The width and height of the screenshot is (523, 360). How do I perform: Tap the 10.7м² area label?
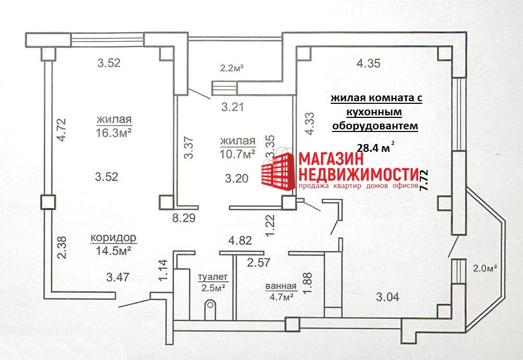pos(237,154)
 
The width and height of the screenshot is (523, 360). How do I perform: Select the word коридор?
pos(114,238)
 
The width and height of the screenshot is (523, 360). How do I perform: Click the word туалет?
pos(213,277)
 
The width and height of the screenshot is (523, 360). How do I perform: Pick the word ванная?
pos(281,286)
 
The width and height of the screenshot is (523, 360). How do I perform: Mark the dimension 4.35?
pos(368,64)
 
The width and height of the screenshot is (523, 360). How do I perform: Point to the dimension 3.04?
pos(388,297)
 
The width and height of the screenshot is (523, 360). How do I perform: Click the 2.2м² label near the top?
pos(232,67)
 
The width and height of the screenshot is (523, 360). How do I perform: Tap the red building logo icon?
pos(278,169)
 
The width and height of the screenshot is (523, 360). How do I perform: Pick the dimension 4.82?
pos(240,241)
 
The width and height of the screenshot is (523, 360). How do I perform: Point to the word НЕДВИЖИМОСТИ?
pos(358,174)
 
